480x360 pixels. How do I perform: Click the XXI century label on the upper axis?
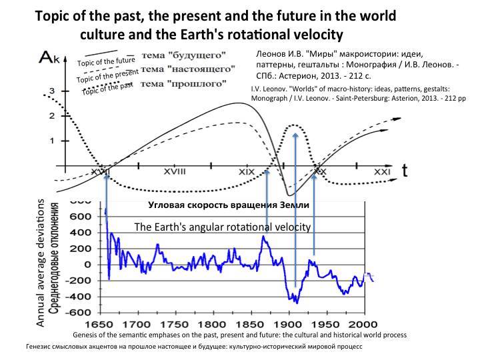381,171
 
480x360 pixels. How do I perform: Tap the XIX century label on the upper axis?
247,171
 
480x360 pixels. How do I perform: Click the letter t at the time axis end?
404,171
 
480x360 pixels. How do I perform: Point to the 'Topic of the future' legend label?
106,63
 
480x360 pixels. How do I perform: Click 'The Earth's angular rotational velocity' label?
223,227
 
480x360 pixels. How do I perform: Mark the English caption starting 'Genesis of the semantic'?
239,335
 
